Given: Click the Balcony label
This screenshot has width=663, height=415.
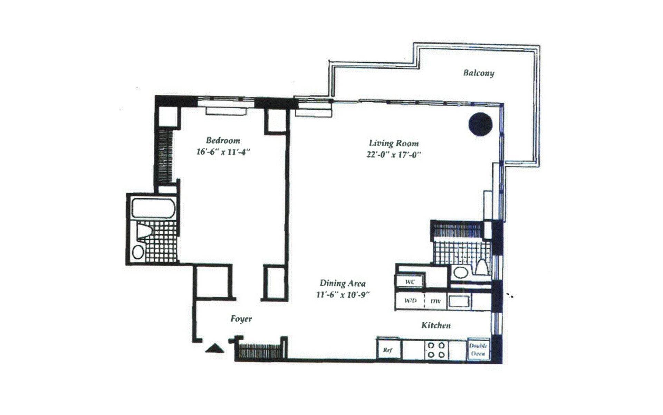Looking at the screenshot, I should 478,73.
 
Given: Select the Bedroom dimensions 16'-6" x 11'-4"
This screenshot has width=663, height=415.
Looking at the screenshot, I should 223,152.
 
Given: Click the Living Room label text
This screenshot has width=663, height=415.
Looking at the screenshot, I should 394,143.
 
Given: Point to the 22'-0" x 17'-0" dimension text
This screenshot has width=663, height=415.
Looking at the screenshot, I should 394,155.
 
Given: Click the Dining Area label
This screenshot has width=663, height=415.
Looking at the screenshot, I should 343,283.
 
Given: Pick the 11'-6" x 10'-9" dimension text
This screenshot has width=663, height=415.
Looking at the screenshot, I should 343,295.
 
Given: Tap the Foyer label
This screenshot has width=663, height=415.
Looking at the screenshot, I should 241,319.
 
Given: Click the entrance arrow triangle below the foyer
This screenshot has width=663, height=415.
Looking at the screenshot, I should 214,348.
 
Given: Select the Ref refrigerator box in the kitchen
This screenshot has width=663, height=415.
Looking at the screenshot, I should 388,350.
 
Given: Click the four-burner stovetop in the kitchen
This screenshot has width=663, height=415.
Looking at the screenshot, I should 436,350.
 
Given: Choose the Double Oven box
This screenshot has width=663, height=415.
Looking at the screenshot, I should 478,349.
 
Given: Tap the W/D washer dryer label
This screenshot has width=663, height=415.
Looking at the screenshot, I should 410,301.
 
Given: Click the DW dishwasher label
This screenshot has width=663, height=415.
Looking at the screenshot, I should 435,301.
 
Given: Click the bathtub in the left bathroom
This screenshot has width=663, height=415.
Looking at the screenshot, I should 153,208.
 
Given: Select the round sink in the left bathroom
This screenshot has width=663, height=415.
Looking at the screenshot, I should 138,251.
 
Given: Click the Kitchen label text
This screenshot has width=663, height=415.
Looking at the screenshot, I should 436,325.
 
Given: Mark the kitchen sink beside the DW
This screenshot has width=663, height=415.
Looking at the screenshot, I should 459,301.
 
